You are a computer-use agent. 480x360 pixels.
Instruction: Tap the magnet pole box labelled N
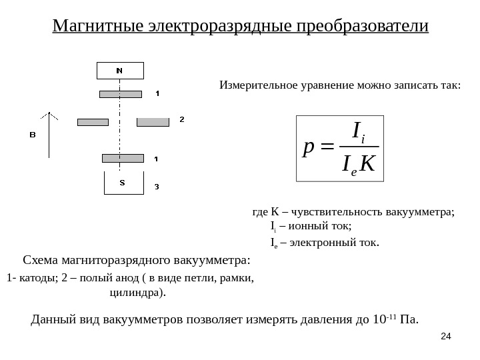pyautogui.click(x=119, y=70)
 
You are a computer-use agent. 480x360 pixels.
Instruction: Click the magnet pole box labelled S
pyautogui.click(x=122, y=183)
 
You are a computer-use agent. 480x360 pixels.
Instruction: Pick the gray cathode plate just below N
pyautogui.click(x=120, y=93)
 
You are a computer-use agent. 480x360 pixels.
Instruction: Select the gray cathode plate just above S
pyautogui.click(x=123, y=158)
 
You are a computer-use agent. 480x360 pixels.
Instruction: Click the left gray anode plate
pyautogui.click(x=93, y=122)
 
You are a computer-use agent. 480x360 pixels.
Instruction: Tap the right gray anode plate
pyautogui.click(x=153, y=122)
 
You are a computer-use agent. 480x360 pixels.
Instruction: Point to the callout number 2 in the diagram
pyautogui.click(x=181, y=119)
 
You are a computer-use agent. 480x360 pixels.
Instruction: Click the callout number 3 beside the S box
pyautogui.click(x=157, y=186)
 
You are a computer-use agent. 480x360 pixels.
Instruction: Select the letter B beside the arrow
pyautogui.click(x=31, y=135)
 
